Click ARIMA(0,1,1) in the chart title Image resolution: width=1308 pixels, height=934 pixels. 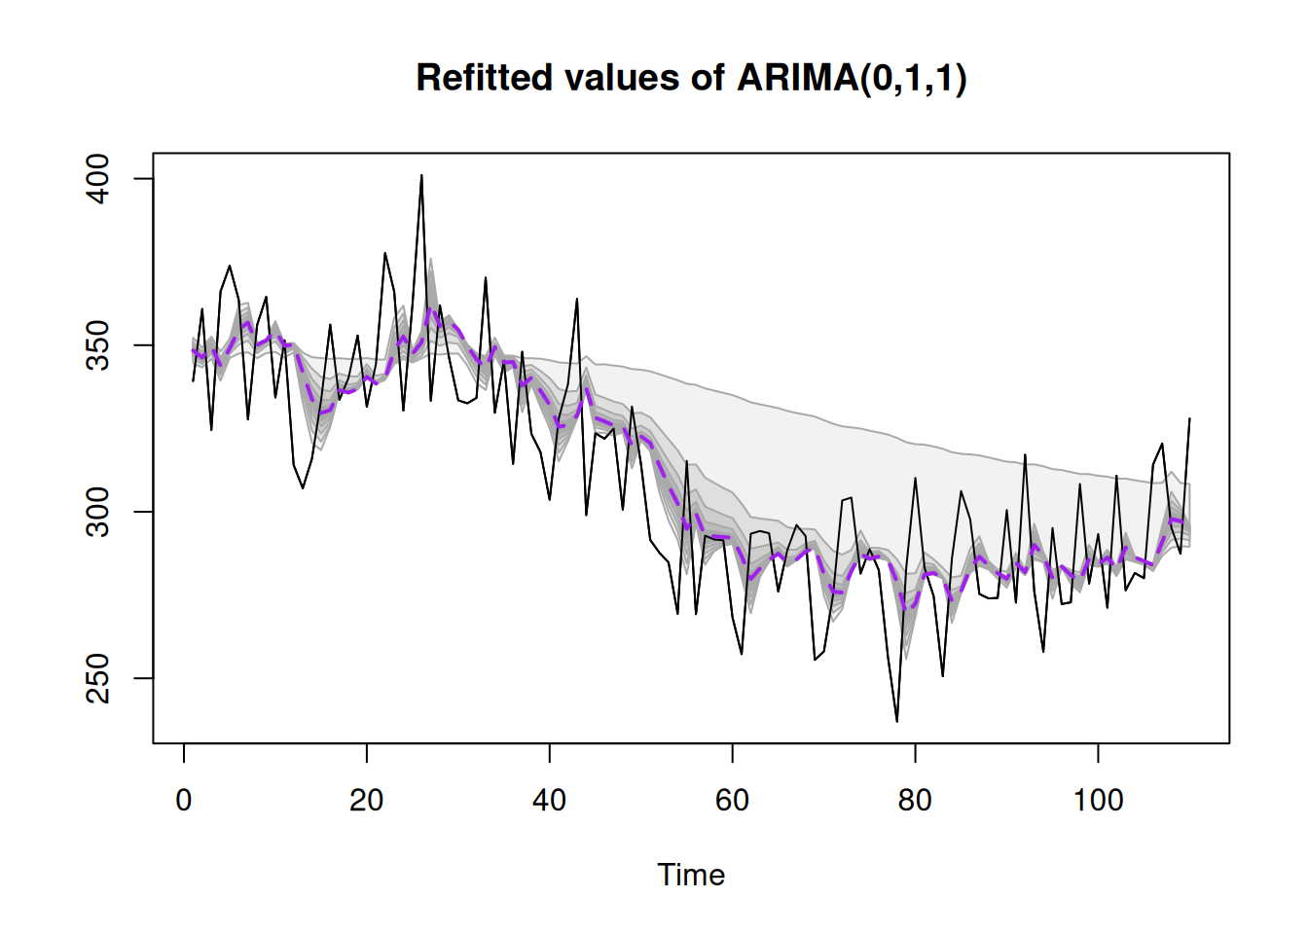852,78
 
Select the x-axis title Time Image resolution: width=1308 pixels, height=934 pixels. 691,875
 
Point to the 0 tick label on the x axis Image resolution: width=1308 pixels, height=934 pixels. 184,800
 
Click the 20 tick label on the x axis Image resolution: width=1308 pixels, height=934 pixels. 367,800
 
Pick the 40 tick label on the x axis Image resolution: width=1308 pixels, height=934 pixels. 550,800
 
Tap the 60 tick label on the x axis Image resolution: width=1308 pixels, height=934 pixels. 733,800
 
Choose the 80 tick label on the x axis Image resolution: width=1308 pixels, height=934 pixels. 915,800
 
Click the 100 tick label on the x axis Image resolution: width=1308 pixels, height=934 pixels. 1098,800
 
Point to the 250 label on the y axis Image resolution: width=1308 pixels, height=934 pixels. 99,678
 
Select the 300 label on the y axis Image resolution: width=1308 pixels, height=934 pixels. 99,512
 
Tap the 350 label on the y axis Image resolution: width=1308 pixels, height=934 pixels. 99,345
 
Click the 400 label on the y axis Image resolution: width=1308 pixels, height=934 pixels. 99,179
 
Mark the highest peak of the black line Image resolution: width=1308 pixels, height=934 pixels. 421,176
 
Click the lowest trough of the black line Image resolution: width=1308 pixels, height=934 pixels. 897,721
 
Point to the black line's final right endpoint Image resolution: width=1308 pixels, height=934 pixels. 1189,418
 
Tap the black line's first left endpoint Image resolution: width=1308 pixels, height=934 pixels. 193,380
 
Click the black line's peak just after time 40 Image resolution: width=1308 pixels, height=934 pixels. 577,299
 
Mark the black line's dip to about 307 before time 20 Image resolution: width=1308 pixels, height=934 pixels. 303,487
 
